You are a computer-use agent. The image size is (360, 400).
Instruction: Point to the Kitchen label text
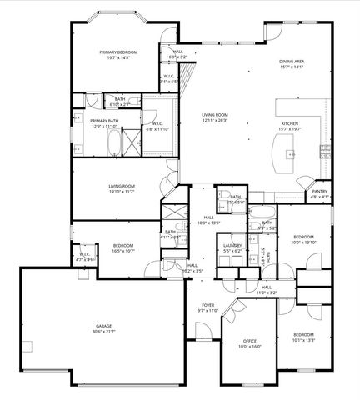point(290,124)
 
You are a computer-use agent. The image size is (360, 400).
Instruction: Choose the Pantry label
point(320,193)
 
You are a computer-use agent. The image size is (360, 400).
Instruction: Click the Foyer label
point(207,307)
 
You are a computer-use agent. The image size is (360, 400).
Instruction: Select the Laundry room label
point(232,247)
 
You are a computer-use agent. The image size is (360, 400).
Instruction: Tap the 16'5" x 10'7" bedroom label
point(122,247)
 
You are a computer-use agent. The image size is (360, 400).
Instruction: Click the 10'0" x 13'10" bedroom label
point(303,239)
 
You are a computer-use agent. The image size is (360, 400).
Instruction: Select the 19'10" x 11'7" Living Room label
point(122,188)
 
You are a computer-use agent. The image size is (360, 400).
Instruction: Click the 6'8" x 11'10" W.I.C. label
point(157,127)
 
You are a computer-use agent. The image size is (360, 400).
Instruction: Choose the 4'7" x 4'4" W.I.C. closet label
point(85,256)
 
